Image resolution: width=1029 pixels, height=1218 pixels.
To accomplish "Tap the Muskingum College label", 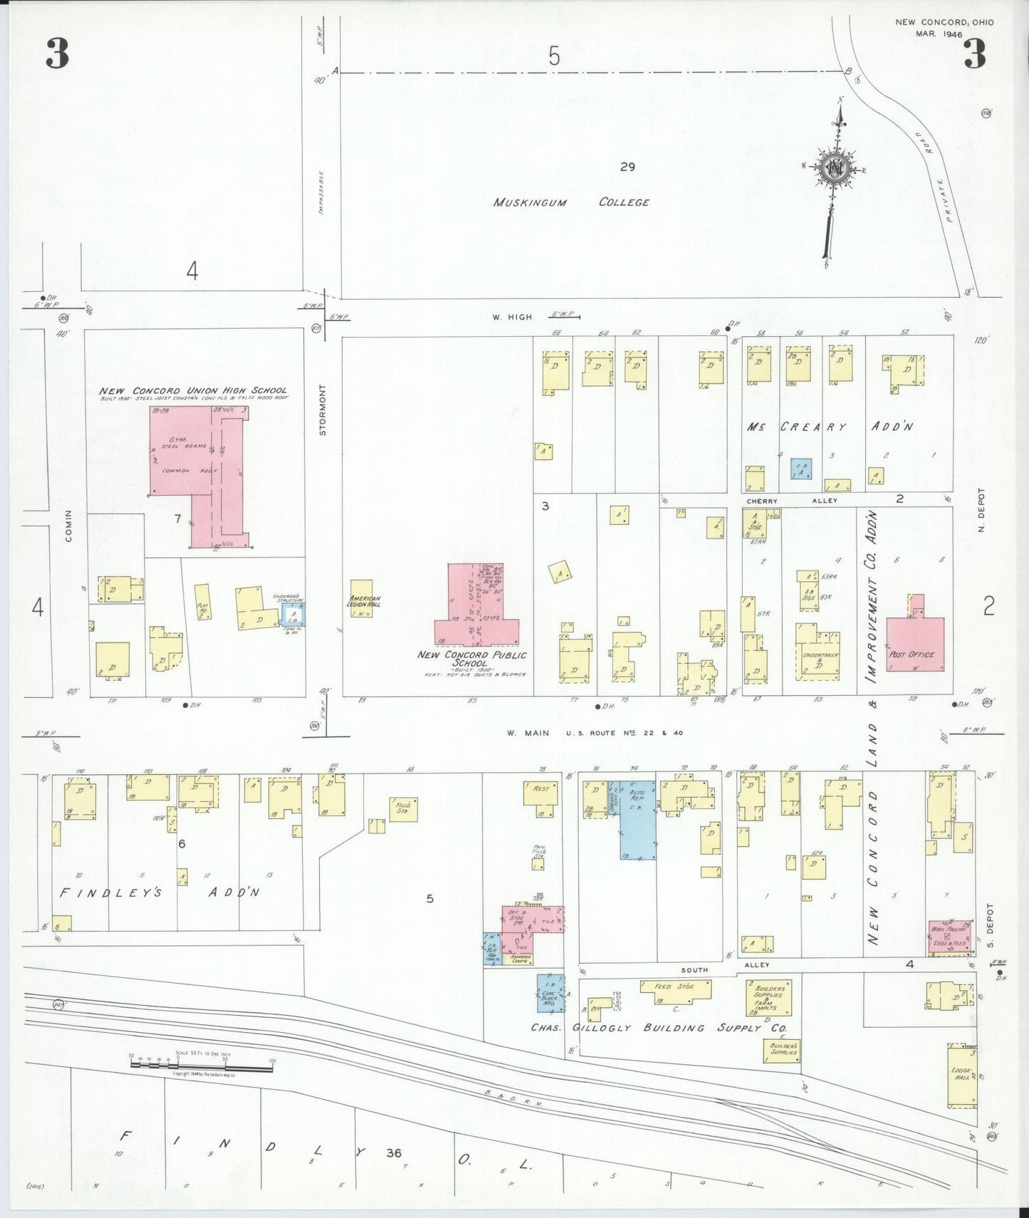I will tap(571, 202).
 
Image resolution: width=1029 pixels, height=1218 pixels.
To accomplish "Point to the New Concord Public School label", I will tap(472, 659).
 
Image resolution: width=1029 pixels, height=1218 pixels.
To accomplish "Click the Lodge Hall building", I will tap(961, 1076).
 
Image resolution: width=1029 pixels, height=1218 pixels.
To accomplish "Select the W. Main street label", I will tap(528, 732).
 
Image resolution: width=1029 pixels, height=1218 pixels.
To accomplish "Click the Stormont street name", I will tap(323, 410).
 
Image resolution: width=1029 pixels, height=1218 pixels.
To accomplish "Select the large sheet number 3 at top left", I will tap(57, 53).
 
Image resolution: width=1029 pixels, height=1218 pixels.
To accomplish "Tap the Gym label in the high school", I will tap(177, 440).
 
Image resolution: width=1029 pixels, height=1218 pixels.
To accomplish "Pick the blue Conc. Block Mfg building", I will tap(550, 994).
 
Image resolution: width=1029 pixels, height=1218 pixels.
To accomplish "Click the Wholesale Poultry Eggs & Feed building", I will tap(950, 937).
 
